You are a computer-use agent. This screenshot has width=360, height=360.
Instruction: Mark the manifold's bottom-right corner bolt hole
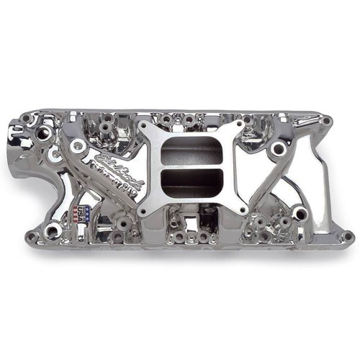pos(347,236)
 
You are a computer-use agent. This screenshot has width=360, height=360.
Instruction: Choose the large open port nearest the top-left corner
pos(43,134)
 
